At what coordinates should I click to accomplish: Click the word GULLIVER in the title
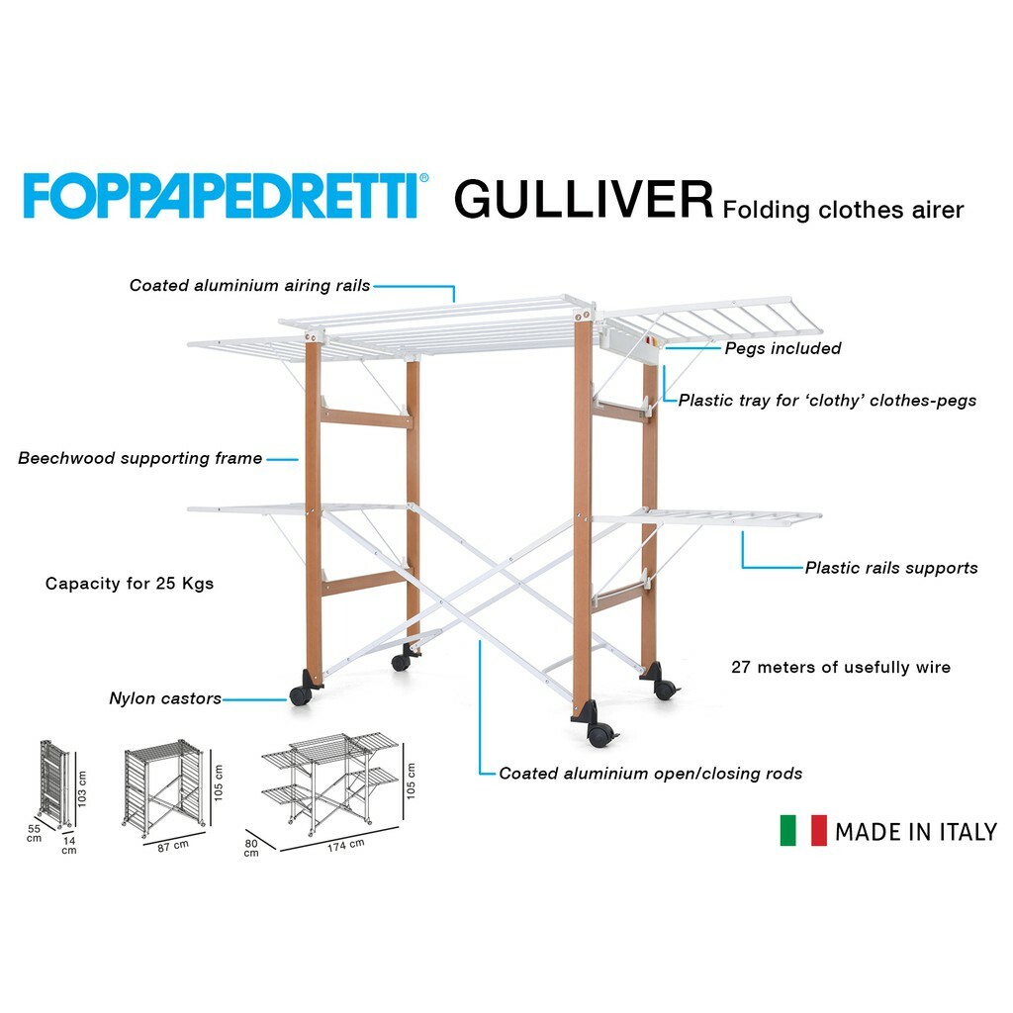(584, 199)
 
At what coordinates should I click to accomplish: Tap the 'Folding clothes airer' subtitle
(843, 210)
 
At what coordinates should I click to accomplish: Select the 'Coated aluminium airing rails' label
(249, 286)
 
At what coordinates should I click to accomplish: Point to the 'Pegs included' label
(783, 348)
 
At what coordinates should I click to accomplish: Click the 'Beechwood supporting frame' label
(140, 458)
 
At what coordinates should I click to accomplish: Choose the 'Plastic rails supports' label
(890, 568)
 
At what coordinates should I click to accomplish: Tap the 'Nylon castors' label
(165, 698)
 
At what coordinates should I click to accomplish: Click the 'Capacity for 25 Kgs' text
(130, 583)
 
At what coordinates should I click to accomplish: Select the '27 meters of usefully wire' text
(841, 667)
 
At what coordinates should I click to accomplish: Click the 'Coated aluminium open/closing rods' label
(650, 774)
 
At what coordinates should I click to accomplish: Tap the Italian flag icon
(802, 831)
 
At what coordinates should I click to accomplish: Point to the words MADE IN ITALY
(915, 832)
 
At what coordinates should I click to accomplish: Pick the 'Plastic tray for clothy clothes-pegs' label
(827, 401)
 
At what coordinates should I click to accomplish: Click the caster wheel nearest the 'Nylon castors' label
(301, 695)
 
